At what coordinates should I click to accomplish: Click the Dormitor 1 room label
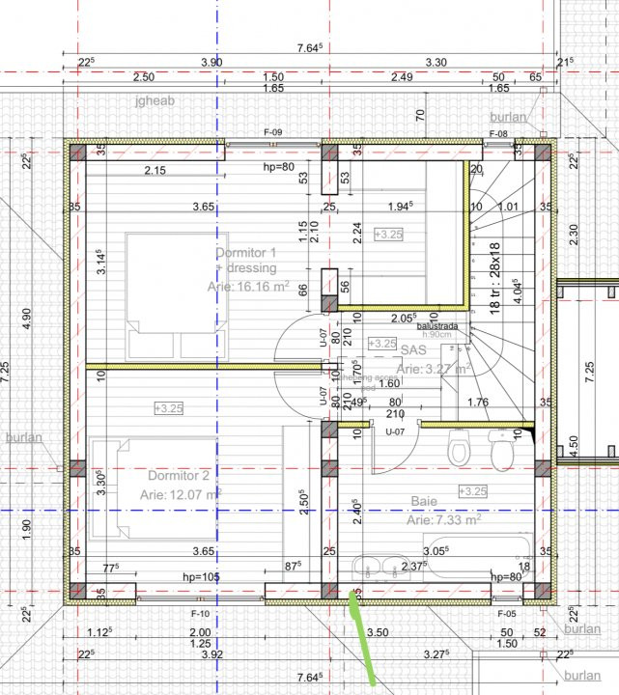(x=246, y=253)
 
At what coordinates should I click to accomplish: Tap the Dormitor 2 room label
(x=179, y=476)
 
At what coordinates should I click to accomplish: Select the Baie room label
(x=424, y=502)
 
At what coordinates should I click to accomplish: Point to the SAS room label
(x=413, y=352)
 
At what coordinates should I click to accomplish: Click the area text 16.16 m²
(x=248, y=286)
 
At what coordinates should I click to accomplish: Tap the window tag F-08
(x=498, y=133)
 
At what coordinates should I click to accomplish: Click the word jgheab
(x=154, y=99)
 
